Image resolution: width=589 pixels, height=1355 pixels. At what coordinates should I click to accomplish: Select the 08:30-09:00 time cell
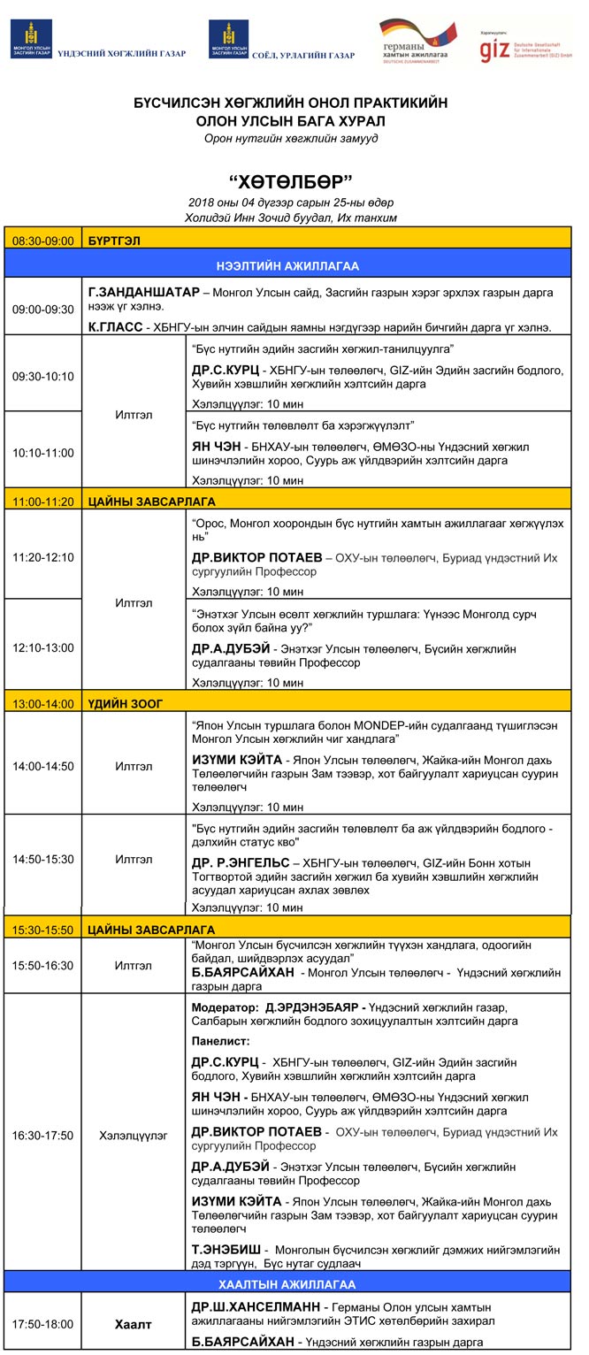[x=42, y=240]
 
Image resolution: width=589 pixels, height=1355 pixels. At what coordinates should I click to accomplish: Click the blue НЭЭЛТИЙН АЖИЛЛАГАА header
[x=287, y=265]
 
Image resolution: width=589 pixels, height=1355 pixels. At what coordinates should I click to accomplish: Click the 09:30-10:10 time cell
[x=42, y=376]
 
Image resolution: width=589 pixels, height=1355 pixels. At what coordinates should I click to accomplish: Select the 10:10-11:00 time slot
[x=42, y=453]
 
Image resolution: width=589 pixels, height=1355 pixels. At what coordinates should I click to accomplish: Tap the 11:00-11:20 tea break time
[x=42, y=501]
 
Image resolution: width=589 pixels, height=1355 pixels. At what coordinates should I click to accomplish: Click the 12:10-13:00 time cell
[x=42, y=647]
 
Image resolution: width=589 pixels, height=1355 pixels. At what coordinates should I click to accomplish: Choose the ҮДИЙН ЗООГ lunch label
[x=126, y=703]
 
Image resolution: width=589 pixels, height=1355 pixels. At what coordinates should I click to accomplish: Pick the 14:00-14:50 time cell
[x=42, y=766]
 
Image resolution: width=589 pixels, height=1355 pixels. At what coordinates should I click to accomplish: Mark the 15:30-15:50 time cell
[x=42, y=930]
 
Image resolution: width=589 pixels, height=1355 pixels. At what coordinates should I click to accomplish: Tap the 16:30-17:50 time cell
[x=42, y=1135]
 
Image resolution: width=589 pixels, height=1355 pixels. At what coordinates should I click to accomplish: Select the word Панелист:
[x=220, y=1041]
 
